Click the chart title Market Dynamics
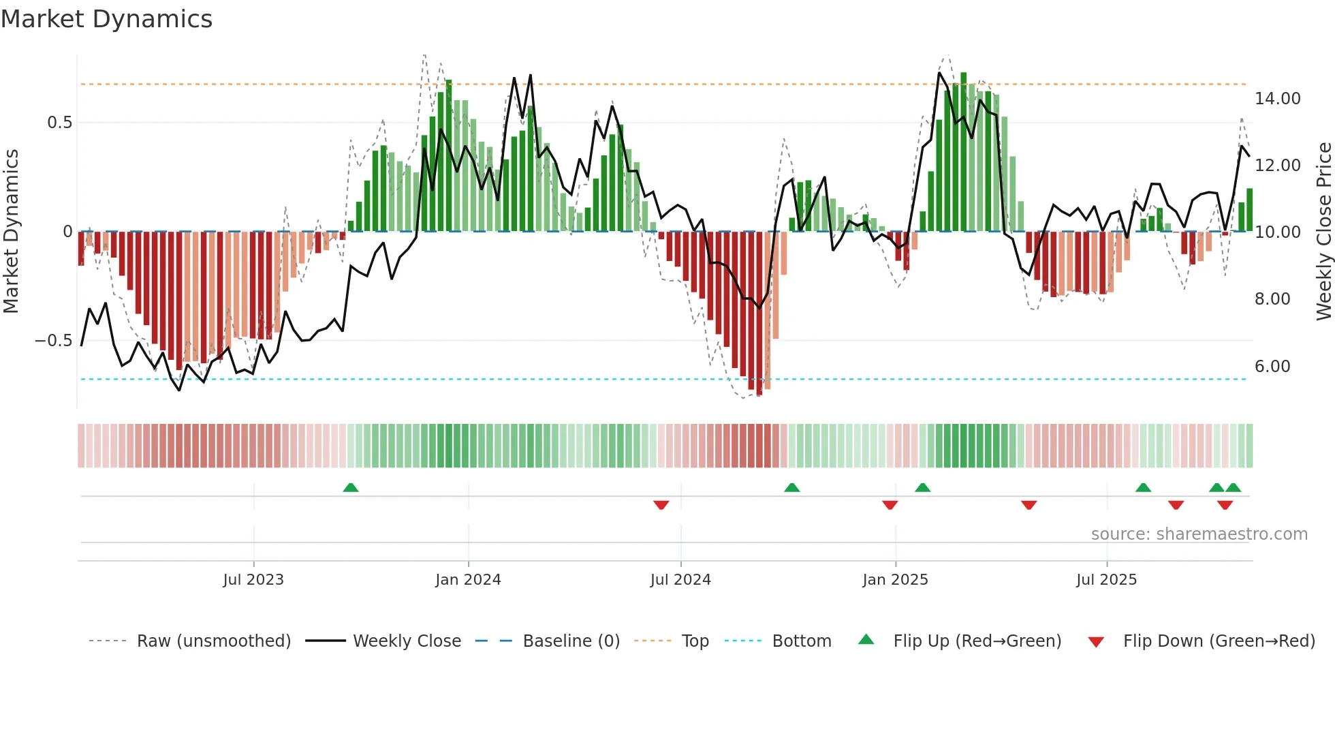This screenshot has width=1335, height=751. pos(106,19)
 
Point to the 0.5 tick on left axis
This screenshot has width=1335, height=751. pos(59,123)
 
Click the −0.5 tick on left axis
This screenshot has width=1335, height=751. pos(53,341)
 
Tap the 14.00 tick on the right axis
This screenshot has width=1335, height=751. pos(1277,99)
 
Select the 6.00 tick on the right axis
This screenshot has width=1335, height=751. pos(1272,367)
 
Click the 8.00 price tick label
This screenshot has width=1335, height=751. pos(1272,299)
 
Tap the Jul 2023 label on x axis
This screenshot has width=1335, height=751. pos(253,580)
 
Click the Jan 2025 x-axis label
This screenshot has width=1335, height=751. pos(894,580)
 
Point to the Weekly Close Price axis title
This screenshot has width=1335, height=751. pos(1323,231)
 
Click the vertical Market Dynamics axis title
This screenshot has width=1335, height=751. pos(11,231)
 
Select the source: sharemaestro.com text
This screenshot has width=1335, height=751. pos(1199,534)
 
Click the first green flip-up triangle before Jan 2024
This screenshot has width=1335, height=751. pos(350,488)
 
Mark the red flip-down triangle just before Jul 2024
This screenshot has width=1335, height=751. pos(661,505)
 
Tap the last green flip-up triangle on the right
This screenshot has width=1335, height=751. pos(1233,488)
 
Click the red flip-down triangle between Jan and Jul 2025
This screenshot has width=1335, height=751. pos(1028,505)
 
